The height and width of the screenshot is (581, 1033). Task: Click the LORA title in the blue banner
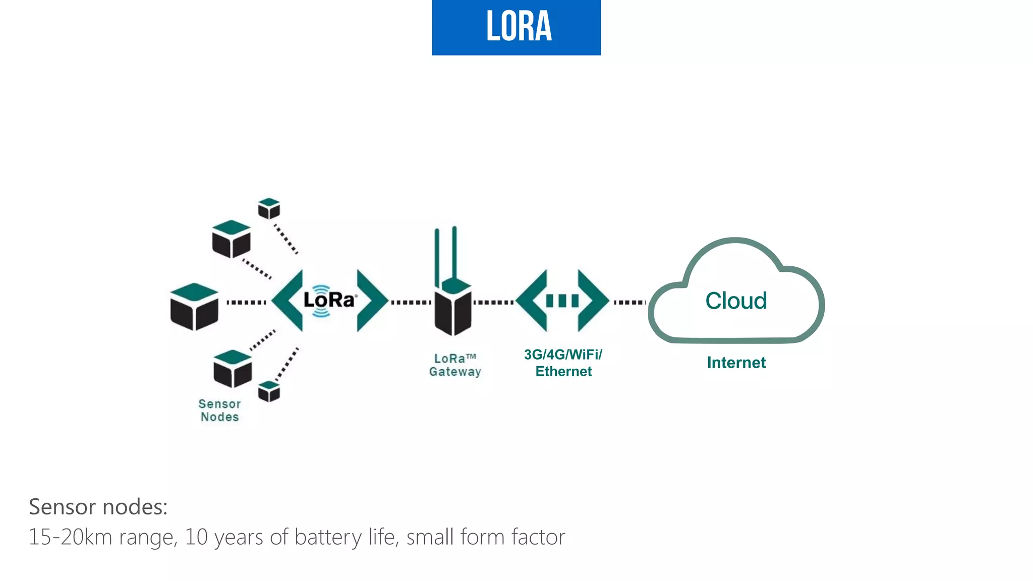519,26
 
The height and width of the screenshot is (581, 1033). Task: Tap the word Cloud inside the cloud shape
736,301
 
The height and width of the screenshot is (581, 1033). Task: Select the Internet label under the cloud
736,363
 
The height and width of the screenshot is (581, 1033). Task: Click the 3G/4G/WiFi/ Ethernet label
563,363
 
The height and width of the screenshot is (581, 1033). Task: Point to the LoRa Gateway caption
455,365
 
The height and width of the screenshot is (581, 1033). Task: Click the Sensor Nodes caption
219,411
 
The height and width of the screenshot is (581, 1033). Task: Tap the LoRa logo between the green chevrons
329,301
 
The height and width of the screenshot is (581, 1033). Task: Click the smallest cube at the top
269,208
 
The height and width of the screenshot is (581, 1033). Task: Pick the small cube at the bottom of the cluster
269,391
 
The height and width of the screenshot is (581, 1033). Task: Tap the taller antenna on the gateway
454,252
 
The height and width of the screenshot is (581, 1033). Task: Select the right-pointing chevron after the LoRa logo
371,301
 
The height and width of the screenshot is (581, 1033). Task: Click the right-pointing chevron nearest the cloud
593,301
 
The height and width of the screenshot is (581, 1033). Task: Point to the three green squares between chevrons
562,301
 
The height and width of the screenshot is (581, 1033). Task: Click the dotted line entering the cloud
629,302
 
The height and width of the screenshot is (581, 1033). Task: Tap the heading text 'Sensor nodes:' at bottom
98,507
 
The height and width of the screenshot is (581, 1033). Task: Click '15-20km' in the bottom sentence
70,537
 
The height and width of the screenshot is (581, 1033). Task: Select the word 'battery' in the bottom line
328,537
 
